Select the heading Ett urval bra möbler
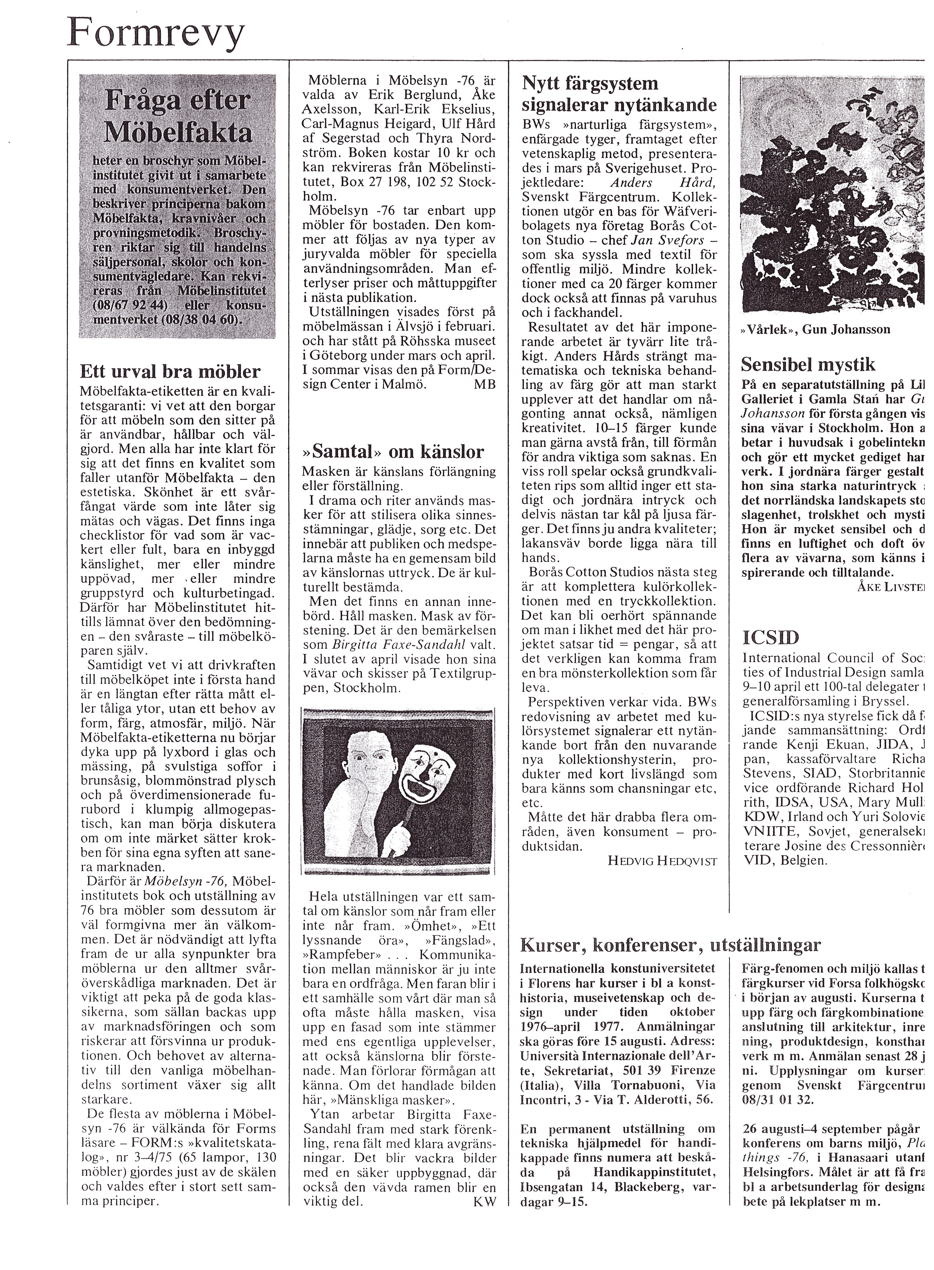pyautogui.click(x=170, y=371)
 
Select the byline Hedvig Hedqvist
pyautogui.click(x=662, y=861)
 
